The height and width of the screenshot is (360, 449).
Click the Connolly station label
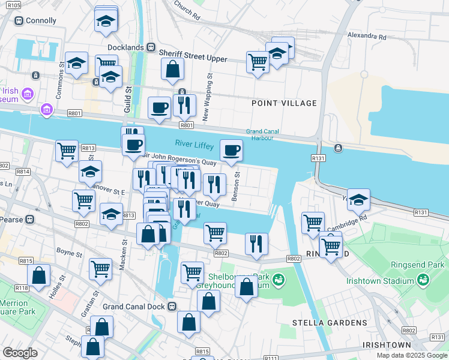click(40, 20)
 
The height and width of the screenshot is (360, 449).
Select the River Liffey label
click(194, 144)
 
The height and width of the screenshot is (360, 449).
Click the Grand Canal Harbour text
click(268, 135)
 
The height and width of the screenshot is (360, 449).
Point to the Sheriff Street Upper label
click(193, 59)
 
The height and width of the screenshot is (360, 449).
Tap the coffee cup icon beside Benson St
click(231, 151)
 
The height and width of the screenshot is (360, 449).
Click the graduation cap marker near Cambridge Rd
click(358, 200)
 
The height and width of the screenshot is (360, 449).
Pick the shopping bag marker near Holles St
click(39, 276)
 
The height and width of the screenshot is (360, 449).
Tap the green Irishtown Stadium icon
click(423, 280)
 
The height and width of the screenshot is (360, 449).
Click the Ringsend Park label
click(424, 264)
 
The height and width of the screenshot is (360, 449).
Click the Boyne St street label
click(69, 254)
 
